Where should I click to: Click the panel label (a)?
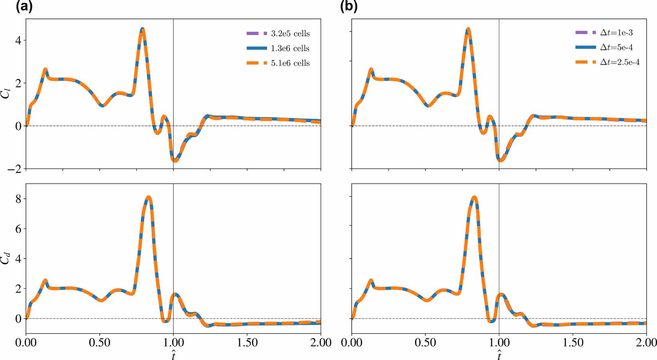pos(24,6)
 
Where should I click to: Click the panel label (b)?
pos(348,6)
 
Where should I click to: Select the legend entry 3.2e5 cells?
pos(290,34)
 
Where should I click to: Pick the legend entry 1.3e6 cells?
pos(290,48)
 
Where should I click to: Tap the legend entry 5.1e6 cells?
pos(290,63)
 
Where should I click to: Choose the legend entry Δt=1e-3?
pos(616,33)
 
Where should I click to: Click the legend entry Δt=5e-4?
pos(616,48)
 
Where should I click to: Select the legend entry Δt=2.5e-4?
pos(620,62)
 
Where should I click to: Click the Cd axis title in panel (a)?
pos(5,259)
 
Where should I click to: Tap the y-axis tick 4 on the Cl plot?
pos(18,40)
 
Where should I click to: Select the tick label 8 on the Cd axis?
pos(18,199)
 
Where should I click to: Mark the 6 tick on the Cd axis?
pos(18,229)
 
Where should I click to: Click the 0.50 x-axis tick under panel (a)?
pos(99,343)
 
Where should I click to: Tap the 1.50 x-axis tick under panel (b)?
pos(572,343)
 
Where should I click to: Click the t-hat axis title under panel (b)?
pos(499,355)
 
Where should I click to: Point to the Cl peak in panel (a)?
pos(142,29)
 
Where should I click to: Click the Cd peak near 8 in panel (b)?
pos(474,197)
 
